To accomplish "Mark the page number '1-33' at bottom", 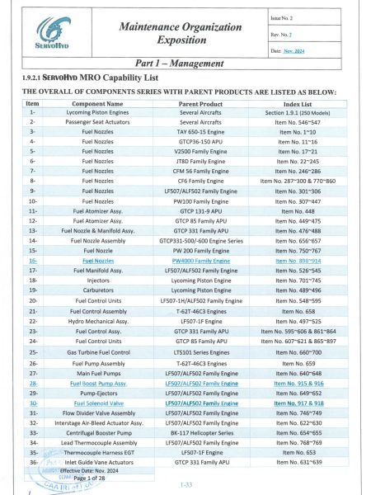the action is (185, 484).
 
